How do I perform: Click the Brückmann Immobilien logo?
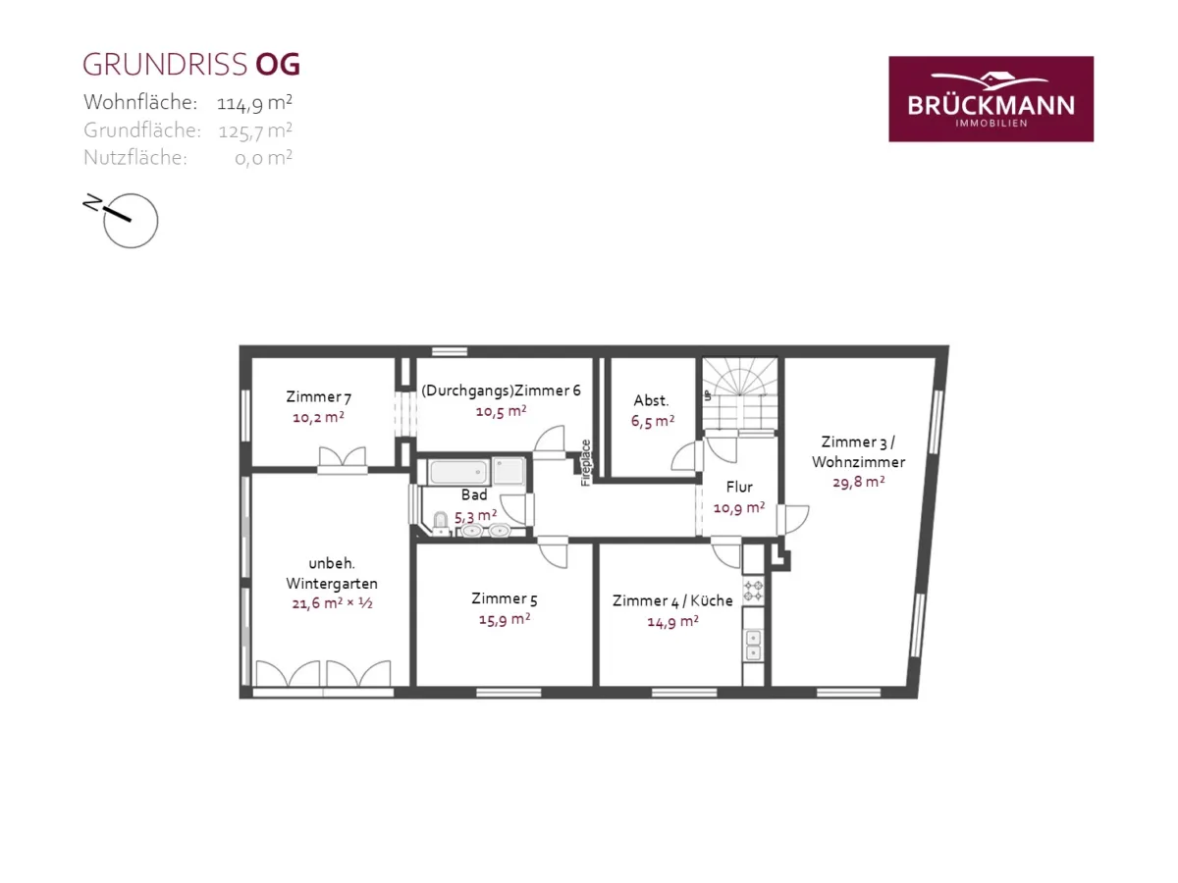[x=991, y=99]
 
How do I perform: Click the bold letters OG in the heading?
[x=278, y=65]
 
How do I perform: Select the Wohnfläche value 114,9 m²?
[x=254, y=102]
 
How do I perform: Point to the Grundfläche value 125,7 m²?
[x=255, y=130]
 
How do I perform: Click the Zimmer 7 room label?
[x=318, y=396]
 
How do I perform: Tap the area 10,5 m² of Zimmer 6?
[x=501, y=411]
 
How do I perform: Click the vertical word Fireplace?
[x=585, y=463]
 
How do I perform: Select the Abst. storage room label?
[x=651, y=400]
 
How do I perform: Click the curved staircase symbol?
[x=740, y=393]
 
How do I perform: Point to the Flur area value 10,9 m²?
[x=738, y=507]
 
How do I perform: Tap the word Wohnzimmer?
[x=858, y=461]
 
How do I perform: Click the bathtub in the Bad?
[x=458, y=472]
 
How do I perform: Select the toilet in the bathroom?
[x=441, y=522]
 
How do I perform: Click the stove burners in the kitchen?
[x=753, y=591]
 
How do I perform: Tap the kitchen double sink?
[x=754, y=645]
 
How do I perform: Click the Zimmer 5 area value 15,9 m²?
[x=505, y=620]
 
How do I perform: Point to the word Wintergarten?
[x=332, y=584]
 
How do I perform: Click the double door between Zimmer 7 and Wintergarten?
[x=343, y=460]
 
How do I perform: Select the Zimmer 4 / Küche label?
[x=672, y=600]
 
